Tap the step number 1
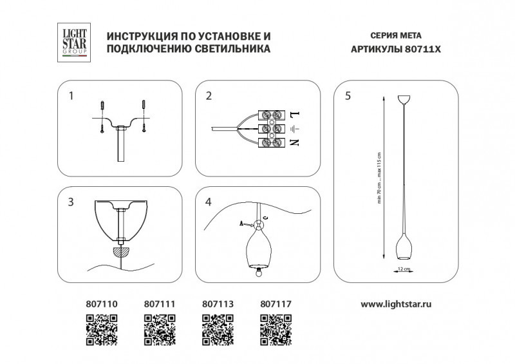(x=71, y=97)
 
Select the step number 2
(x=209, y=97)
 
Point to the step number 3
(x=71, y=202)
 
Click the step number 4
(x=209, y=202)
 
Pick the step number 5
(x=348, y=97)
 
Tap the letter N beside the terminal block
(x=295, y=142)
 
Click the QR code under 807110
(x=102, y=329)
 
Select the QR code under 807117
(x=276, y=329)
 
